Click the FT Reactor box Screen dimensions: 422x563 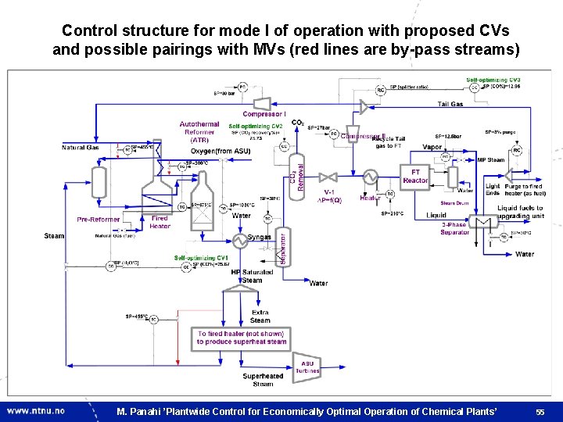(415, 176)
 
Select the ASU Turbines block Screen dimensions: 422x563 (308, 366)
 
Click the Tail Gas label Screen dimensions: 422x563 (450, 104)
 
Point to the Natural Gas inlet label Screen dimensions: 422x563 (81, 148)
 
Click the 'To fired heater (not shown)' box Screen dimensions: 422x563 (242, 337)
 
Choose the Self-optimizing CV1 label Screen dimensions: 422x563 (202, 257)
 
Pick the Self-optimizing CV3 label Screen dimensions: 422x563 (493, 80)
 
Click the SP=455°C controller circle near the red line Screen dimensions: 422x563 (153, 319)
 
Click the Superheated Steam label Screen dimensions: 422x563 (263, 380)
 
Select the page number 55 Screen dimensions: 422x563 (540, 411)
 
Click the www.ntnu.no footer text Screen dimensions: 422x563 (36, 410)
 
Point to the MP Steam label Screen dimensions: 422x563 (490, 160)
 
